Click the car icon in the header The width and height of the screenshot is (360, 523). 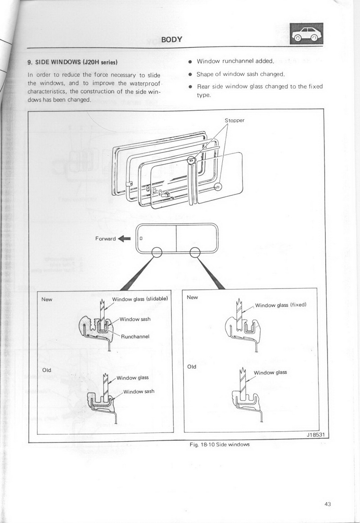coord(306,34)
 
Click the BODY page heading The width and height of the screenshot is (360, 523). coord(171,39)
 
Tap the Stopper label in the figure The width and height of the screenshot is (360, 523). coord(234,121)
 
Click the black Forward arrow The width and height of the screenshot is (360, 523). coord(124,239)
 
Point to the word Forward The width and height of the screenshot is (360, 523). coord(105,239)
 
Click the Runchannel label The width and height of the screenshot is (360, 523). coord(135,337)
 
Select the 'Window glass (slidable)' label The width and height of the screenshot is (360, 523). coord(140,299)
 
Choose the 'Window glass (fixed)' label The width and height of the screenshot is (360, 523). coord(281,305)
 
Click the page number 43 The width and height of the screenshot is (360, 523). coord(328,504)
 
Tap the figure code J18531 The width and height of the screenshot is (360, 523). coord(315,435)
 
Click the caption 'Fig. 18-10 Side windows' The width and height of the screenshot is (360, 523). coord(219,444)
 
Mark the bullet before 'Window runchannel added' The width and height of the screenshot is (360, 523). coord(189,62)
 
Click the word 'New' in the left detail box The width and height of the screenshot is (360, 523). coord(47,299)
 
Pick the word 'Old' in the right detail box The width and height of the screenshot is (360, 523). coord(192,366)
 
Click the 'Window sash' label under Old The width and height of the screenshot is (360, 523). coord(139,391)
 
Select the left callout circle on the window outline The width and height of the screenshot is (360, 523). coord(157,252)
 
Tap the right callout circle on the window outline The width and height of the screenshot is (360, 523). coord(195,252)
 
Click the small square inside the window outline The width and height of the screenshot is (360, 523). coord(141,239)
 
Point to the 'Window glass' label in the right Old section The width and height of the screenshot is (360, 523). coord(270,372)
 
